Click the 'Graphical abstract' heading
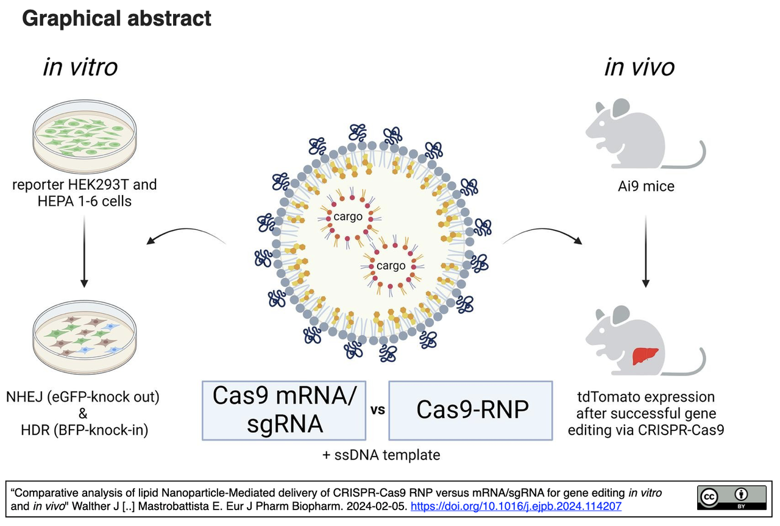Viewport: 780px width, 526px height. [116, 18]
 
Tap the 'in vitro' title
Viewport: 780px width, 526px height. [80, 66]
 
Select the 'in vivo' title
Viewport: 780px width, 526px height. [639, 66]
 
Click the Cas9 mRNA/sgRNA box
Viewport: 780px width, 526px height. [284, 410]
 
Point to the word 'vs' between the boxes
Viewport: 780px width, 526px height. [377, 410]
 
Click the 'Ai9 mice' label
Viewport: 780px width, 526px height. [646, 186]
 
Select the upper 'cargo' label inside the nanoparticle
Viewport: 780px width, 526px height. [348, 216]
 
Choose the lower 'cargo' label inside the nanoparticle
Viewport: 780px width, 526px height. [391, 266]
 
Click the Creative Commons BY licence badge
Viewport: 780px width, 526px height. [731, 497]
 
